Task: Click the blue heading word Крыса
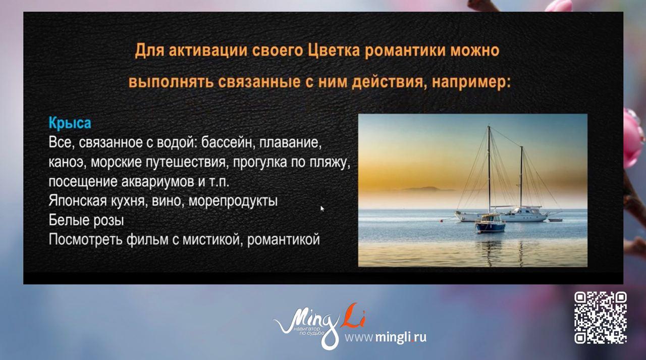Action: point(70,123)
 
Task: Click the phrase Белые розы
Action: point(86,221)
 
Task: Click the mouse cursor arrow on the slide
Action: point(322,208)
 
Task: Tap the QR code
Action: point(601,317)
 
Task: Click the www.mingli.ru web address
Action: point(386,337)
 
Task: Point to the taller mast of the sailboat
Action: point(489,167)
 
